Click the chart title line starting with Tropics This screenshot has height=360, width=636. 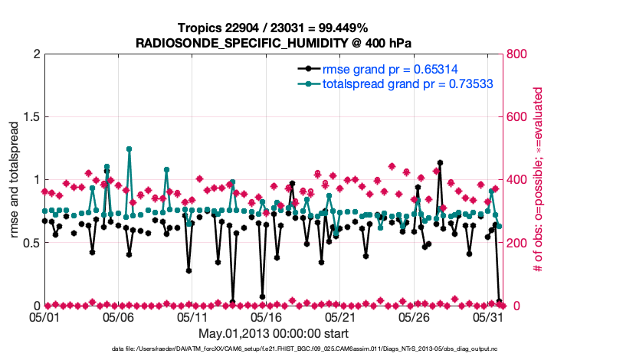273,28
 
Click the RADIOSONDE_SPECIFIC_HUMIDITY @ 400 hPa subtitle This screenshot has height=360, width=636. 273,43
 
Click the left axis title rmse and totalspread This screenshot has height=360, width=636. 15,180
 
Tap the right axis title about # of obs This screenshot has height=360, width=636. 539,180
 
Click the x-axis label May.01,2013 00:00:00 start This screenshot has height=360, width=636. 274,333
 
